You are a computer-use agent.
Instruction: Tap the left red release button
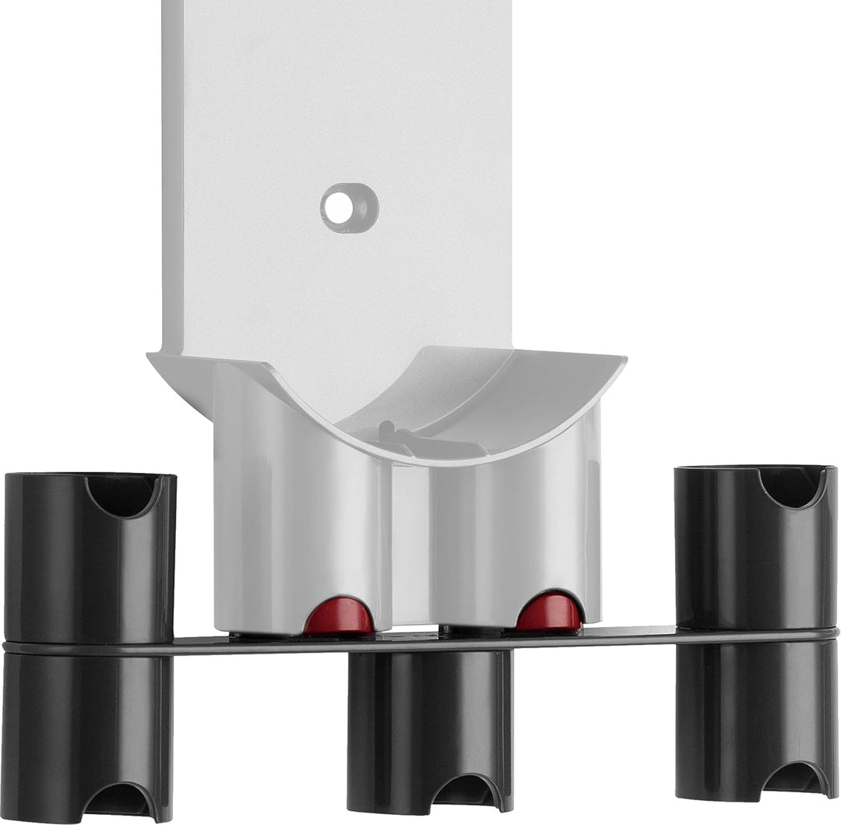coord(338,616)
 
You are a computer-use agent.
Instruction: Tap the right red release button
coord(549,613)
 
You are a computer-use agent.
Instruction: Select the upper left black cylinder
coord(89,561)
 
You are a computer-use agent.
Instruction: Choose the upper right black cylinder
coord(755,553)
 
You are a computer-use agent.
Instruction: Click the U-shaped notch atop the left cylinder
coord(121,495)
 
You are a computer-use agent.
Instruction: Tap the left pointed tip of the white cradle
coord(151,356)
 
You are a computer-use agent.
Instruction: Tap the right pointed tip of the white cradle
coord(623,360)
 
